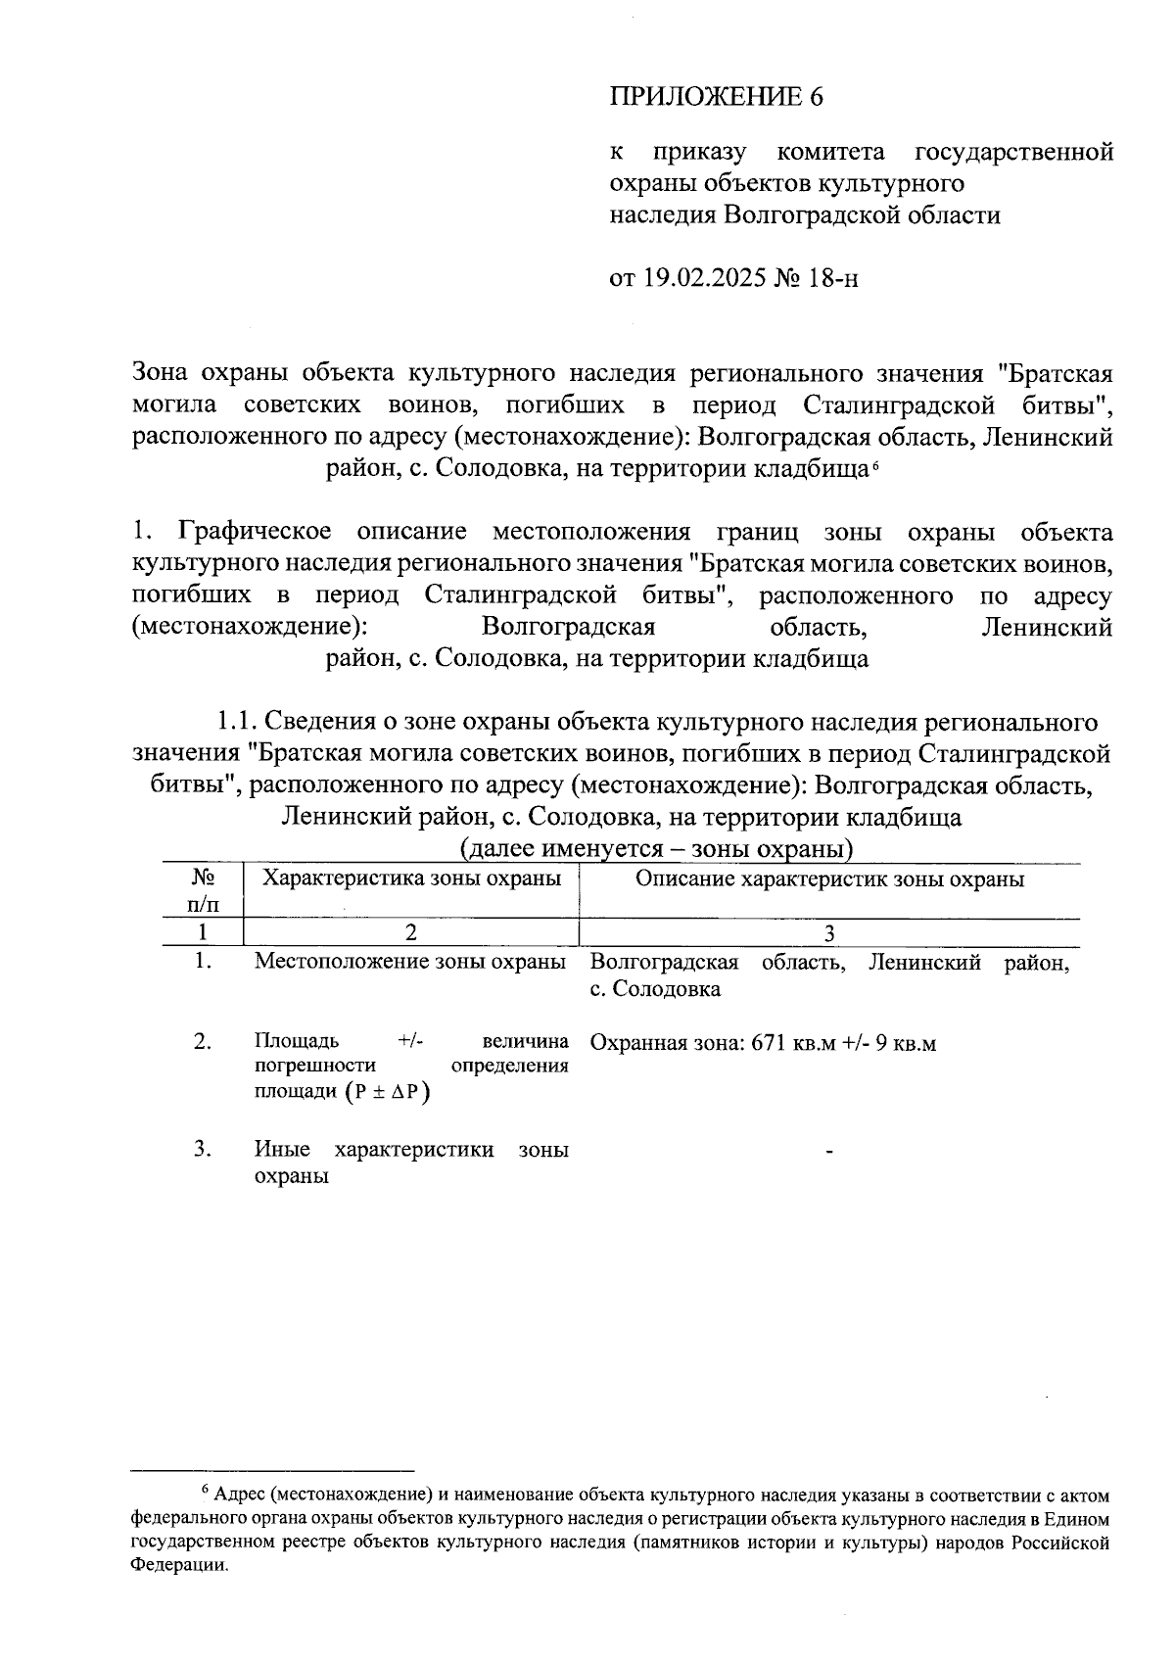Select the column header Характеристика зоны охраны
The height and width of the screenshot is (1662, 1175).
(411, 878)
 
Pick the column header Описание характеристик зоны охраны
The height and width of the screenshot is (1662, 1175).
(829, 878)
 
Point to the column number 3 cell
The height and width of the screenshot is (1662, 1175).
(829, 932)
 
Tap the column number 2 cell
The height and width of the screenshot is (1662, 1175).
(411, 932)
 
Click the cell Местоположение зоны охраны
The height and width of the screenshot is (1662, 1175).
(410, 962)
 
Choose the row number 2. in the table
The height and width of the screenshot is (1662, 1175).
(203, 1041)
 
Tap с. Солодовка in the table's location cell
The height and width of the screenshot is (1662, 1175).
(655, 989)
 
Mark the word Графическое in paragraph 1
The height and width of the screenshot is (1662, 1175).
(254, 532)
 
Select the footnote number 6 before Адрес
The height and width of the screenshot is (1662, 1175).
(206, 1491)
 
